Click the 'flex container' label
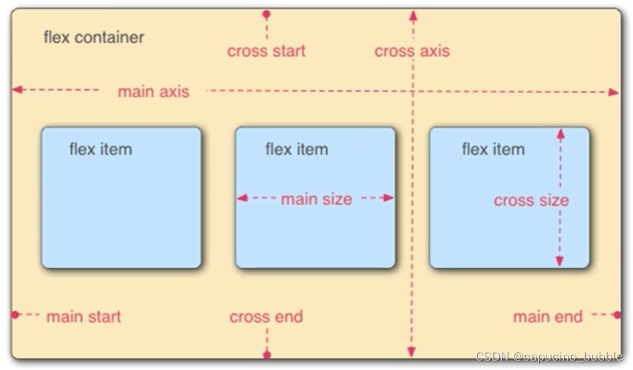pyautogui.click(x=93, y=37)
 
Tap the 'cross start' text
pyautogui.click(x=266, y=51)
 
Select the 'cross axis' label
pyautogui.click(x=412, y=51)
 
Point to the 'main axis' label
pyautogui.click(x=153, y=92)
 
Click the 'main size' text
pyautogui.click(x=316, y=198)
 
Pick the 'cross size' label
pyautogui.click(x=531, y=200)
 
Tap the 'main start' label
pyautogui.click(x=84, y=317)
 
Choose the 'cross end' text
pyautogui.click(x=266, y=317)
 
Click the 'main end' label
pyautogui.click(x=548, y=317)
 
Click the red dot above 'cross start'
pyautogui.click(x=266, y=14)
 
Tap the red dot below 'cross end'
pyautogui.click(x=267, y=355)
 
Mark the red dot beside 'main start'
pyautogui.click(x=15, y=314)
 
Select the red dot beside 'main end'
pyautogui.click(x=617, y=314)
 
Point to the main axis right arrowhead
pyautogui.click(x=614, y=92)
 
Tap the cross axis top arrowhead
pyautogui.click(x=413, y=15)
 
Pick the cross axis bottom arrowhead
pyautogui.click(x=412, y=352)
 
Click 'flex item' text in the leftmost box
pyautogui.click(x=101, y=149)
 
